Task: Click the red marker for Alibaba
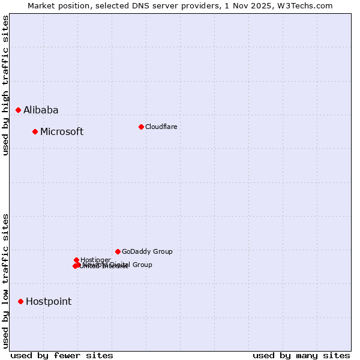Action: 18,110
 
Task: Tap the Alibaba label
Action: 41,110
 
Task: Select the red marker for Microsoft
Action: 35,131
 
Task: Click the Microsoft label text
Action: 62,131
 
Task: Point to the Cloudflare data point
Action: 141,127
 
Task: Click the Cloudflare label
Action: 161,127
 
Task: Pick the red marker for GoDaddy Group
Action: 118,251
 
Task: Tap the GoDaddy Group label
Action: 147,251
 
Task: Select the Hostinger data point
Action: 76,260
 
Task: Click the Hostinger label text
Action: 95,260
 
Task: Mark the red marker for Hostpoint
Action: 20,301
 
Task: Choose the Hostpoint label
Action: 49,301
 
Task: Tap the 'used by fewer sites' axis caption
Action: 62,355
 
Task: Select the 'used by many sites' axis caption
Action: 301,355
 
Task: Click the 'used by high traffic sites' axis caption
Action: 5,85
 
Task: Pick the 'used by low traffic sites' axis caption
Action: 5,280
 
